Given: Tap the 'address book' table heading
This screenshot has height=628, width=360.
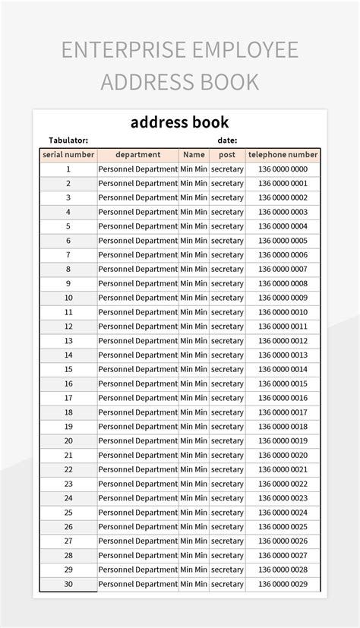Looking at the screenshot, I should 179,122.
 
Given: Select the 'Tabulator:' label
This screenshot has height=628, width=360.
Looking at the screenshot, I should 68,140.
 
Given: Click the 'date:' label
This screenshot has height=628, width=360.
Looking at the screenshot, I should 227,140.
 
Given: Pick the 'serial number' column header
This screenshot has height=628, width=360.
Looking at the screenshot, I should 68,154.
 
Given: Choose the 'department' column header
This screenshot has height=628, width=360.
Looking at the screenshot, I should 137,154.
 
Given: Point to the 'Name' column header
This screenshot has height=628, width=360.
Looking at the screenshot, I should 194,154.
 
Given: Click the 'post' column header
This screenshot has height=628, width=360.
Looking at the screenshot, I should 227,154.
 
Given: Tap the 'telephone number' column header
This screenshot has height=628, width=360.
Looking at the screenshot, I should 283,154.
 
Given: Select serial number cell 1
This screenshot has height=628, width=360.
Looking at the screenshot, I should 68,169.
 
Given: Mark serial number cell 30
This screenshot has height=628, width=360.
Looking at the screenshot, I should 68,584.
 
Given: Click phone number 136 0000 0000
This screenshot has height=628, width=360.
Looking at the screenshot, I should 283,169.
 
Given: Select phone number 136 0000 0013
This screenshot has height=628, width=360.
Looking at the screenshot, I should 283,355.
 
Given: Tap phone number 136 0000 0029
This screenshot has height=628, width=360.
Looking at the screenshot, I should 283,584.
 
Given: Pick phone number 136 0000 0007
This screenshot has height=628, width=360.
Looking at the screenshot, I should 283,269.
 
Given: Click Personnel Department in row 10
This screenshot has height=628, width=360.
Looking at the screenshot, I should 137,298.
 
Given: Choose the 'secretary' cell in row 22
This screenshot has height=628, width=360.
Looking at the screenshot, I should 227,469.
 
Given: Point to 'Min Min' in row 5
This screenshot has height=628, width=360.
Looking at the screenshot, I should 194,226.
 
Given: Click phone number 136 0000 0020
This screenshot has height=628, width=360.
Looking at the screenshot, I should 283,455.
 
